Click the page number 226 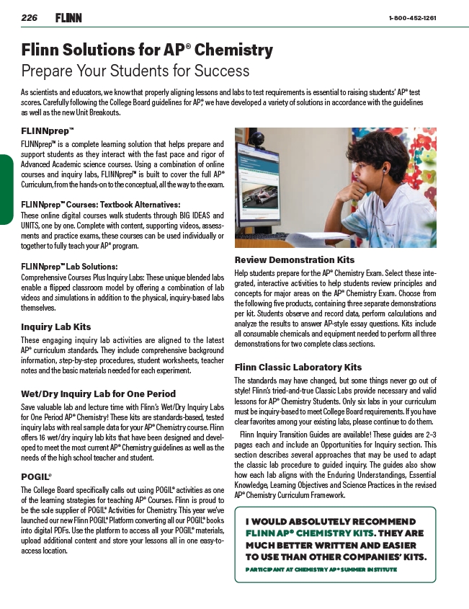coord(29,17)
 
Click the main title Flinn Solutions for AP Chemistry coord(147,50)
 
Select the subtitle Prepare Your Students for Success coord(135,71)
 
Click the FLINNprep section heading coord(48,132)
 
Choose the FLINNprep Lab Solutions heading coord(69,267)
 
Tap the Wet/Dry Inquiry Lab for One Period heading coord(98,394)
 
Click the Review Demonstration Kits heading coord(295,259)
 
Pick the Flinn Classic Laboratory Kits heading coord(298,367)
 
